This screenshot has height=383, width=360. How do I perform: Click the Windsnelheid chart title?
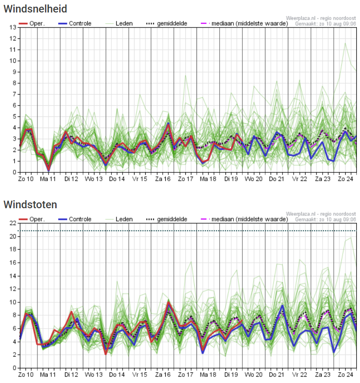click(35, 8)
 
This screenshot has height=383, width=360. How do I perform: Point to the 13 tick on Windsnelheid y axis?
click(13, 28)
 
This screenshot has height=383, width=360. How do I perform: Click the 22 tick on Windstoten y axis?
click(13, 223)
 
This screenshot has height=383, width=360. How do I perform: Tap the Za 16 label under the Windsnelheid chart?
click(163, 179)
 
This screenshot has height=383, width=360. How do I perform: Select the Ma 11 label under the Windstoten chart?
click(49, 375)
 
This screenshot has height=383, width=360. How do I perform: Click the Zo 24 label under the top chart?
click(345, 179)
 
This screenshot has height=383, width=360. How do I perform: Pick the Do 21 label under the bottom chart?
click(277, 375)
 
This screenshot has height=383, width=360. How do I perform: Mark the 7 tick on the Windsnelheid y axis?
click(15, 94)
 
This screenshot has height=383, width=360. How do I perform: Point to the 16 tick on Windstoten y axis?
click(13, 263)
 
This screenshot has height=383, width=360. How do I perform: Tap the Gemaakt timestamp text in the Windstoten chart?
click(326, 219)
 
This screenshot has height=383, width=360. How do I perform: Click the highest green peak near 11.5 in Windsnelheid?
click(345, 43)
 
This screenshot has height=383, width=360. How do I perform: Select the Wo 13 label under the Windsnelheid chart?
click(94, 179)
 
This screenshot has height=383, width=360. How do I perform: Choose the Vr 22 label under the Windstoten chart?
click(299, 375)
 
